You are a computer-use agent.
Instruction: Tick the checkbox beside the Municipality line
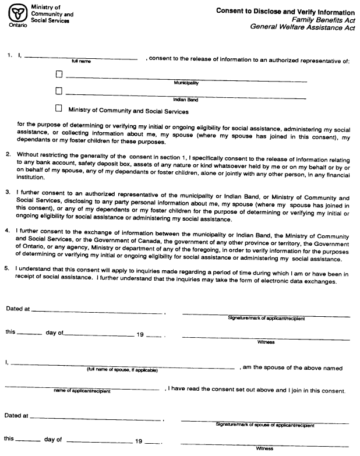[x=58, y=75]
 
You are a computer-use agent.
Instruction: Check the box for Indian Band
[x=58, y=91]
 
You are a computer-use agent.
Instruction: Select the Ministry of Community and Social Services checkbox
[x=58, y=108]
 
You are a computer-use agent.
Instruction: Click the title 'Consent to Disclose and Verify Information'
[x=285, y=12]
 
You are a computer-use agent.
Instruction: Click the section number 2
[x=8, y=154]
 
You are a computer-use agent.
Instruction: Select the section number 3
[x=8, y=190]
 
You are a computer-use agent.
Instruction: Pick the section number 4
[x=8, y=231]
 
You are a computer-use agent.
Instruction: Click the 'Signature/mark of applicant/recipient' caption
[x=266, y=319]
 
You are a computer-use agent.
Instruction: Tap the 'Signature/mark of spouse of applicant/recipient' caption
[x=265, y=425]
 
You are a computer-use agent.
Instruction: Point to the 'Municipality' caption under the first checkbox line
[x=187, y=83]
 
